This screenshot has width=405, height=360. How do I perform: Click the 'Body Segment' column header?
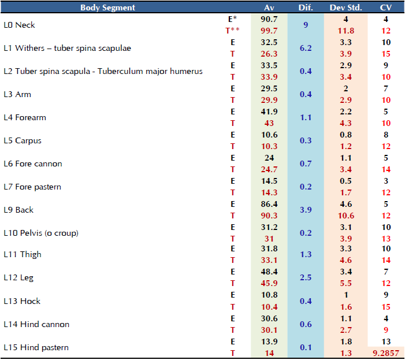click(108, 8)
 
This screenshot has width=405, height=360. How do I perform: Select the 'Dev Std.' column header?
click(345, 8)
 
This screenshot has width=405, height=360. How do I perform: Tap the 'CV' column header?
click(386, 8)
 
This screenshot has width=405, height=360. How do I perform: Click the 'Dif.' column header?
click(306, 8)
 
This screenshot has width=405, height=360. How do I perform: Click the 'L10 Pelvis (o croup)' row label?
click(40, 233)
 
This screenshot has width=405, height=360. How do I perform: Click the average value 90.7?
click(269, 19)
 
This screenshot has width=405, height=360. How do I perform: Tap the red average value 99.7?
click(269, 31)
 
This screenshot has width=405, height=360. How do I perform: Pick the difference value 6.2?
click(306, 48)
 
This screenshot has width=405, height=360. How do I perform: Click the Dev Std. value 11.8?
click(345, 31)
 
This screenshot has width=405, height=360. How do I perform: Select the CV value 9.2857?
click(386, 353)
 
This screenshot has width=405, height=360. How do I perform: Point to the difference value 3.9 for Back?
click(306, 210)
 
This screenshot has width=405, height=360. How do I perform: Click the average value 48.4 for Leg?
click(269, 272)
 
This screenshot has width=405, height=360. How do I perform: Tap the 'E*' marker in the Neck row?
click(232, 19)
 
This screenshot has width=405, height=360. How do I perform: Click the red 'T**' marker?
click(232, 31)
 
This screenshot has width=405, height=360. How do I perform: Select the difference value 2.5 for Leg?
click(306, 277)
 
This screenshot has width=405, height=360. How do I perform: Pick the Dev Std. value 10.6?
click(345, 216)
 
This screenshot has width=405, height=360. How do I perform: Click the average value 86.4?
click(269, 204)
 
